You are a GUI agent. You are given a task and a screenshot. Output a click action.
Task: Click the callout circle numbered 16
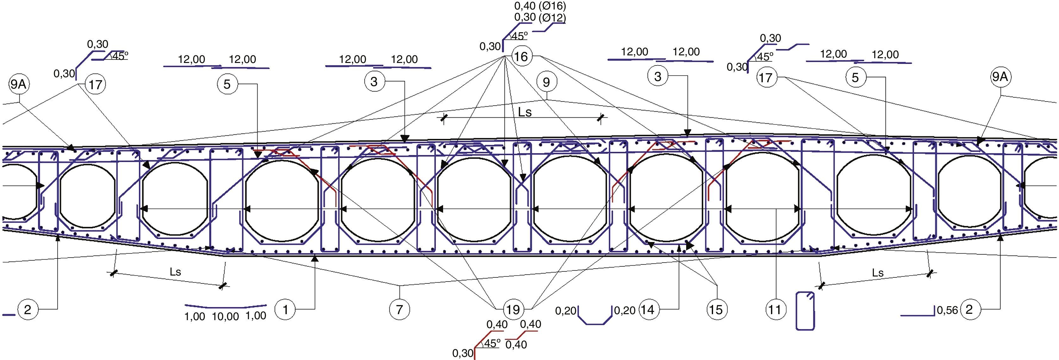[x=521, y=56]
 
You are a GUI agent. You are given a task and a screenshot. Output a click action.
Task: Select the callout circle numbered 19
[x=513, y=309]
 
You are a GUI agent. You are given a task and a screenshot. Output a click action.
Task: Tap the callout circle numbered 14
[x=648, y=309]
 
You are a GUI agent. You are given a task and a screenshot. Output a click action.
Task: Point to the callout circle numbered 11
[x=775, y=309]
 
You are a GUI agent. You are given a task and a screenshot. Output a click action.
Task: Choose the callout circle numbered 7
[x=400, y=309]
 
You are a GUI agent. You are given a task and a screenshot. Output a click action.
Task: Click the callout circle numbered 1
[x=285, y=309]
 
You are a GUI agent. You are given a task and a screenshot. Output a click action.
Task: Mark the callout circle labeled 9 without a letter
[x=546, y=83]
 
